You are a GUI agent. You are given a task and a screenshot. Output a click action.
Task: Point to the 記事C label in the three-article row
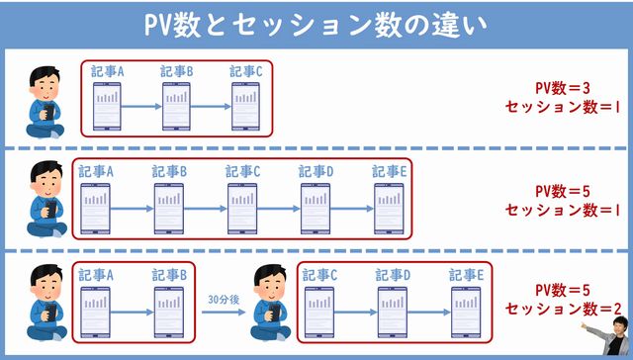[x=245, y=71]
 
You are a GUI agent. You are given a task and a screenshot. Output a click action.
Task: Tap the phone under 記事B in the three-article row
[x=176, y=105]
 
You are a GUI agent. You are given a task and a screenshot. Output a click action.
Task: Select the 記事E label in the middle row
[x=389, y=172]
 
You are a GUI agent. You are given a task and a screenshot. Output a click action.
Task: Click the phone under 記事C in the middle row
[x=242, y=209]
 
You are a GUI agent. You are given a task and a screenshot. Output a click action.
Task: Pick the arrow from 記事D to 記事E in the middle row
[x=352, y=209]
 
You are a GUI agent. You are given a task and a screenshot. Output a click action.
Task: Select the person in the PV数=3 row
[x=44, y=96]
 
